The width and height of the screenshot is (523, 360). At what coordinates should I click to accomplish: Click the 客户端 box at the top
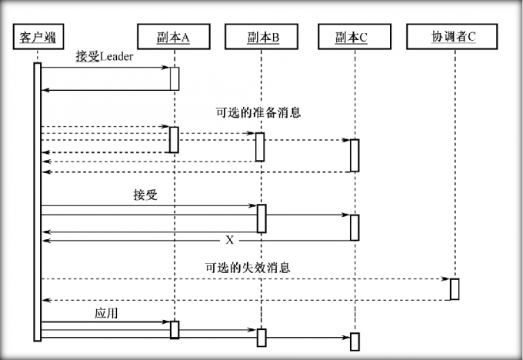(37, 36)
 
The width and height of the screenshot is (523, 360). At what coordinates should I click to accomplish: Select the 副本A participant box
(174, 36)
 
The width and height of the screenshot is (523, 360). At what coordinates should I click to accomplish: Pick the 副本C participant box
(352, 36)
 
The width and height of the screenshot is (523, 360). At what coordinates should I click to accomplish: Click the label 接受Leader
(105, 57)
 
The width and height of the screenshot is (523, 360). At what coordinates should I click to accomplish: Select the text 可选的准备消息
(258, 112)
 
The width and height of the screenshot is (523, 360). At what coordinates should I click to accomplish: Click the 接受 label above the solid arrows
(145, 195)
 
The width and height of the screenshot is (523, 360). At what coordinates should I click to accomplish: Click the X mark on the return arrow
(229, 240)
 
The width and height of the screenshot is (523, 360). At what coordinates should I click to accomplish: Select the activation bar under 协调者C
(455, 289)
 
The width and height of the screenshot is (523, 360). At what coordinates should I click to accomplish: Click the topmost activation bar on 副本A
(175, 78)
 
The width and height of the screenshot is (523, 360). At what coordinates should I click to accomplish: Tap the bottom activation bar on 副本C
(355, 342)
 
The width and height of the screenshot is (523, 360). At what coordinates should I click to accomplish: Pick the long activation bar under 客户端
(37, 200)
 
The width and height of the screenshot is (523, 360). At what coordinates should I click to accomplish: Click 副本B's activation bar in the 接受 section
(261, 218)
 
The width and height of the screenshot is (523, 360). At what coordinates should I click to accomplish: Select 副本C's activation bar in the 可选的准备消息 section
(355, 155)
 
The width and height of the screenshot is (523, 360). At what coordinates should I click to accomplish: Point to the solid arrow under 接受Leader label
(105, 68)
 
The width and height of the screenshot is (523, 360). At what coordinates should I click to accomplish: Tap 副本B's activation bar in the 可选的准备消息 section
(260, 147)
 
